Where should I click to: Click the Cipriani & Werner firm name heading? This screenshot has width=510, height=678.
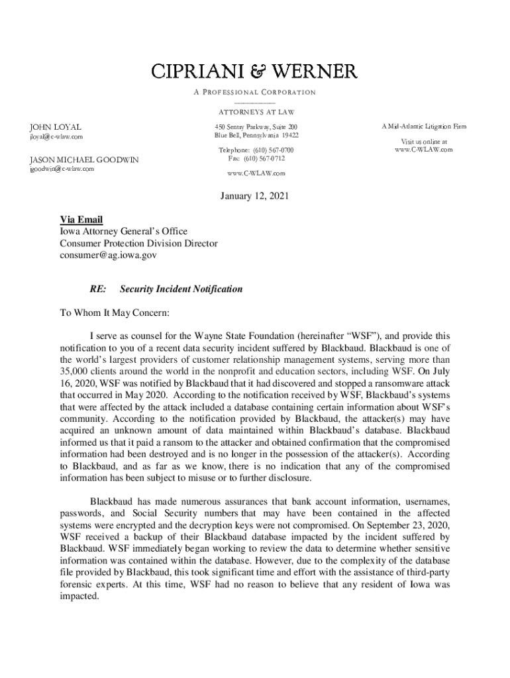[255, 72]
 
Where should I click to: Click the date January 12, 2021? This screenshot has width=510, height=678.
[255, 197]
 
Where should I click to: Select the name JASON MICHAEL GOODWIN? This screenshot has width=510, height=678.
[83, 160]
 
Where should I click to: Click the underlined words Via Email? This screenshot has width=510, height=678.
[81, 220]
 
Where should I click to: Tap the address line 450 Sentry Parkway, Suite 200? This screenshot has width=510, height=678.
[256, 126]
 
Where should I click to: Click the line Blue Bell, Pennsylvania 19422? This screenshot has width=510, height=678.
[256, 135]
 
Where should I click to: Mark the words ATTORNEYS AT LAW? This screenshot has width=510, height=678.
[256, 112]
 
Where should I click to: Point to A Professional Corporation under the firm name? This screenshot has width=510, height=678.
[255, 92]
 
